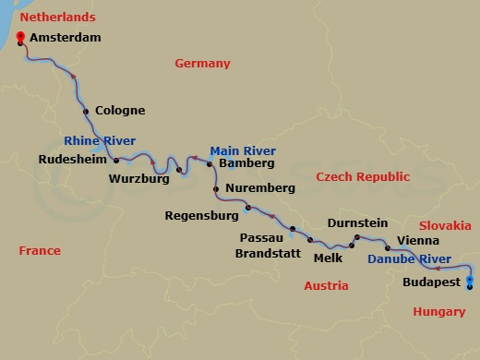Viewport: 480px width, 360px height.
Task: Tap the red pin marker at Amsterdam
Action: click(20, 38)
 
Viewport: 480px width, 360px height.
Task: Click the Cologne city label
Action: click(120, 111)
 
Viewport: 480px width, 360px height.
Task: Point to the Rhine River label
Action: click(100, 141)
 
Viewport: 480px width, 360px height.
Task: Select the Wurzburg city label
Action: click(138, 179)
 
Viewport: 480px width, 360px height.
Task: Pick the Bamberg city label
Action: click(247, 163)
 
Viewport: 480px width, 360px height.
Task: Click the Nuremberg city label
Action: click(259, 188)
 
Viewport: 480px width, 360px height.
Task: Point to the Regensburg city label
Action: click(201, 217)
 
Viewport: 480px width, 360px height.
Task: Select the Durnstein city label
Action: click(355, 224)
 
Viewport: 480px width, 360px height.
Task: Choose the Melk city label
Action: click(328, 258)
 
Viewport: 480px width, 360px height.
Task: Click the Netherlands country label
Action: click(57, 18)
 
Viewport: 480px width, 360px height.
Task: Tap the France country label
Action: click(40, 251)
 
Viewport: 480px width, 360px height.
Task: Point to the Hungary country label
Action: click(439, 312)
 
